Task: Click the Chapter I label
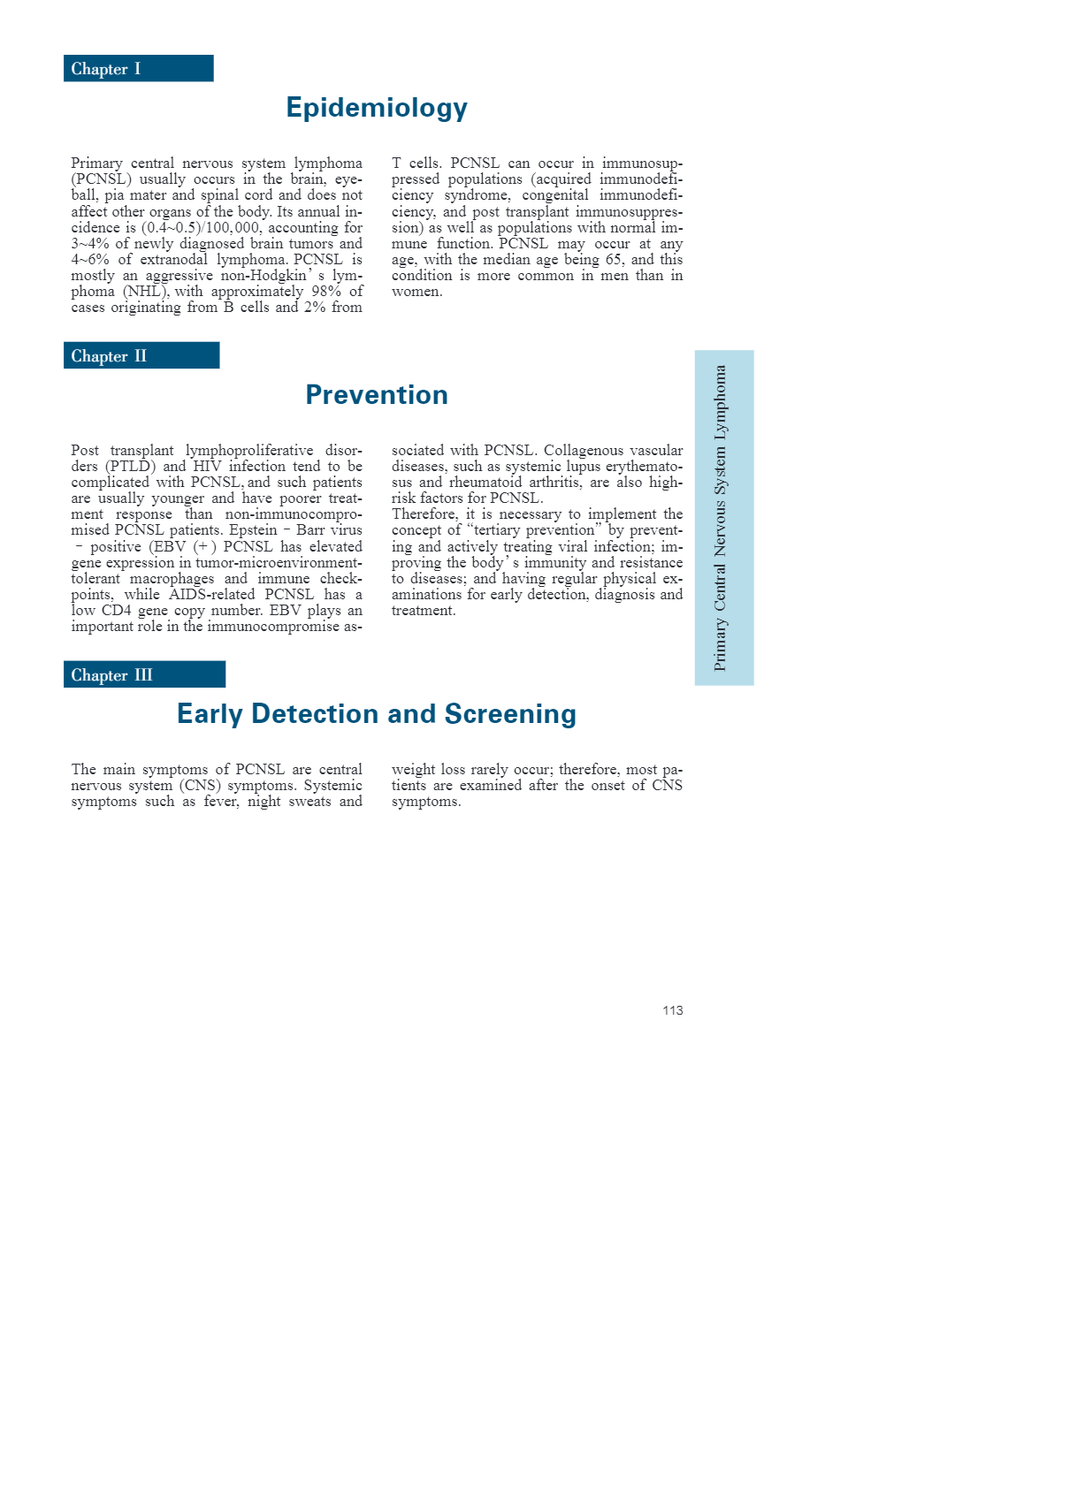pyautogui.click(x=106, y=69)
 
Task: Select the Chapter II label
pyautogui.click(x=109, y=356)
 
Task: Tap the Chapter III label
pyautogui.click(x=112, y=675)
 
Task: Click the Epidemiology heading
pyautogui.click(x=377, y=108)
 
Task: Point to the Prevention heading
pyautogui.click(x=377, y=395)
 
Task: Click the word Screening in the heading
pyautogui.click(x=510, y=714)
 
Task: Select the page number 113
pyautogui.click(x=672, y=1010)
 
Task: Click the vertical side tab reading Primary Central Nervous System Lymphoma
pyautogui.click(x=723, y=518)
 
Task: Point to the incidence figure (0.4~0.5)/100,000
pyautogui.click(x=201, y=228)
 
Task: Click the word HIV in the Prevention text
pyautogui.click(x=207, y=467)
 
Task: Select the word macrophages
pyautogui.click(x=172, y=579)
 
